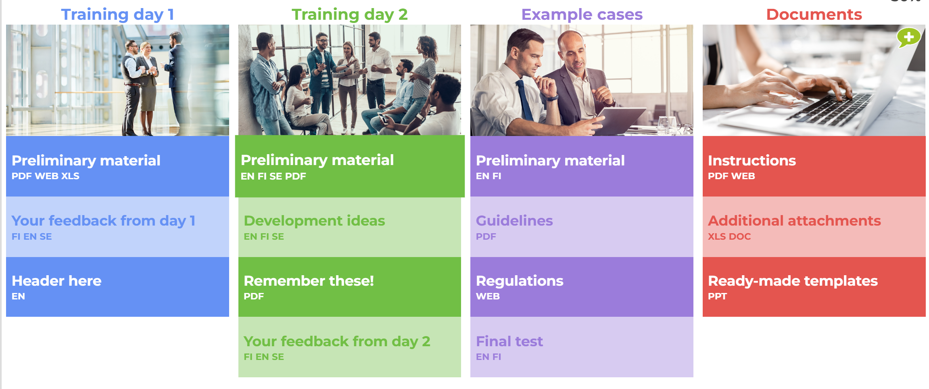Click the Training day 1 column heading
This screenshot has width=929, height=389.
click(x=117, y=15)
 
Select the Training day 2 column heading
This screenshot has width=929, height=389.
click(x=350, y=15)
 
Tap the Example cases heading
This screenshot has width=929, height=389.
click(x=582, y=15)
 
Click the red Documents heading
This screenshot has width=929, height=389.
click(x=814, y=15)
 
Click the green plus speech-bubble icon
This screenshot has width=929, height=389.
click(x=908, y=38)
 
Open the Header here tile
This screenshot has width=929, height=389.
click(x=117, y=287)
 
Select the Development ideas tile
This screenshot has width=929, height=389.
click(x=350, y=227)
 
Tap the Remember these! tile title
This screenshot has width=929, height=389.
click(x=309, y=281)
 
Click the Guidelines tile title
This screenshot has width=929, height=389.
click(x=514, y=221)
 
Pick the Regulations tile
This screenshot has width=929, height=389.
click(x=582, y=287)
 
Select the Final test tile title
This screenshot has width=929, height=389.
click(x=509, y=341)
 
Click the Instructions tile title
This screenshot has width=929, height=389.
click(x=752, y=161)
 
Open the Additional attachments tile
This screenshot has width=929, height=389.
click(x=814, y=227)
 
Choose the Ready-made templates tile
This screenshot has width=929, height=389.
click(x=814, y=287)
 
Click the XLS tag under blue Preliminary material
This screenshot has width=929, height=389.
click(x=70, y=176)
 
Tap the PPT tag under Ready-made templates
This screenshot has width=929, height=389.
click(x=717, y=296)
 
